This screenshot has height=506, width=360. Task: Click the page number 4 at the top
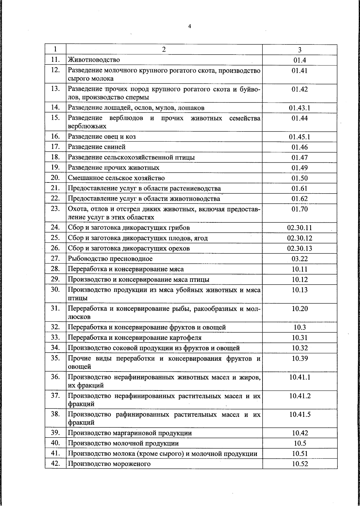coord(189,26)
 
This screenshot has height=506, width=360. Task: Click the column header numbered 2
coord(164,50)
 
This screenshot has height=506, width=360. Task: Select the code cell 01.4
coord(300,60)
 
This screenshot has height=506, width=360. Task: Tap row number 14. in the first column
coord(55,107)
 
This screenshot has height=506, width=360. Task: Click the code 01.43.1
coord(300,108)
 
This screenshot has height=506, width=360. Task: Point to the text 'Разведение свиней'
coord(97,147)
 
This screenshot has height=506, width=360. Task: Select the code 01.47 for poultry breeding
coord(300,158)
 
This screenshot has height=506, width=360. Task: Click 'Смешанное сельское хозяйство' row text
coord(116,178)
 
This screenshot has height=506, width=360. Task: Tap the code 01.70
coord(300,209)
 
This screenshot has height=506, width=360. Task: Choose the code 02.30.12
coord(300,238)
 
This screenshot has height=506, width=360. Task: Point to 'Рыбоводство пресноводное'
coord(110,258)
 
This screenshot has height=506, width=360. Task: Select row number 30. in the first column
coord(55,290)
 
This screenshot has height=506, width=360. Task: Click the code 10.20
coord(300,309)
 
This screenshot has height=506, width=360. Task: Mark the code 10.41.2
coord(300,396)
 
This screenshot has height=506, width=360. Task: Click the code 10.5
coord(300,443)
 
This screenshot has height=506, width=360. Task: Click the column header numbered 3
coord(300,50)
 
